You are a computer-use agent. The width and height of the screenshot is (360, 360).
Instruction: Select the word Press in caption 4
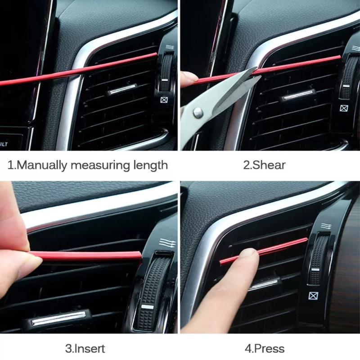coord(269,348)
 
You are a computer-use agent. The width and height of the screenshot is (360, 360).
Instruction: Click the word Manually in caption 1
coord(41,165)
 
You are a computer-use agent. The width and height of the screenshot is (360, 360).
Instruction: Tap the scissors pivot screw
coord(198,112)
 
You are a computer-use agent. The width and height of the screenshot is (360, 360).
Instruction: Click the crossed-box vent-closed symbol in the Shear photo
coord(343,108)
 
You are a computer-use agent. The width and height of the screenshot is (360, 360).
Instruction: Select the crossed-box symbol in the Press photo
coord(312,296)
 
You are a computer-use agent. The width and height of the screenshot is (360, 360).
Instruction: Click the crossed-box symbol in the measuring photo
coord(164,100)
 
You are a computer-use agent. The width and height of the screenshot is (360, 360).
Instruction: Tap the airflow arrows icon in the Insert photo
coord(167,243)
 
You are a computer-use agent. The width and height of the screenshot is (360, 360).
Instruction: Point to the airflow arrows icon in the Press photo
coord(326,226)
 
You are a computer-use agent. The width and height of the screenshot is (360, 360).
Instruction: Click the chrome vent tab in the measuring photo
coord(121,89)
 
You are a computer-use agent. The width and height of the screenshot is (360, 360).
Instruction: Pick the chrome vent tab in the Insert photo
coord(58,318)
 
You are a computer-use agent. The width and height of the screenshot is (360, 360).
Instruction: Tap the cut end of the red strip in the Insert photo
coord(140,255)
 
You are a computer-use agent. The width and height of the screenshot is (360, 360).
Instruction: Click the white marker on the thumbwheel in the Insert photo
coord(147,307)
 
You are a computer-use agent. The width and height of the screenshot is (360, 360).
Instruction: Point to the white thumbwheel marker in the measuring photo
coord(165,80)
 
